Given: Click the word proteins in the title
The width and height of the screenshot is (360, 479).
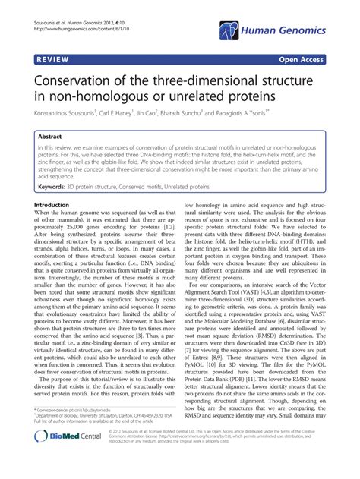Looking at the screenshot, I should point(229,99).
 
